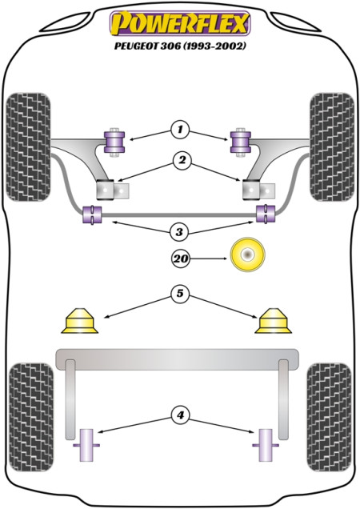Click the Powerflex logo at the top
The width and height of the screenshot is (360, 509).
point(180,23)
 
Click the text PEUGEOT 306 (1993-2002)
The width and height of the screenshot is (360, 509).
point(180,46)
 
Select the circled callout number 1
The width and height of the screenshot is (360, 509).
point(180,130)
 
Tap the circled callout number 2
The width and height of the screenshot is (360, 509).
point(182,160)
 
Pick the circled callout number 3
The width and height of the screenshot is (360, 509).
point(179,232)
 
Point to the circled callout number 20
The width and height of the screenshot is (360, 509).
point(181,259)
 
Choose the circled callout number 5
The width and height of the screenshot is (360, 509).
point(180,294)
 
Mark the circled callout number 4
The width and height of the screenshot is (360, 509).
point(180,415)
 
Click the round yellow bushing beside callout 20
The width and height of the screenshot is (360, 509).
point(248,254)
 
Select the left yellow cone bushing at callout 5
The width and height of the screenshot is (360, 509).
point(79,321)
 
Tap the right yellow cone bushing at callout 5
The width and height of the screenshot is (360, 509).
point(273,321)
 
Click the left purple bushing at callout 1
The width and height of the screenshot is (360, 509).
point(114,142)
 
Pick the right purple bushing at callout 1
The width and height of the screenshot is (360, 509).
point(241,142)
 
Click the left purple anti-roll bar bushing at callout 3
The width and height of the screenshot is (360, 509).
point(93,214)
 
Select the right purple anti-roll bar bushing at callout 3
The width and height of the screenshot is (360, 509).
point(266,213)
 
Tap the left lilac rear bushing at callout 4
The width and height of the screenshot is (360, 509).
point(86,445)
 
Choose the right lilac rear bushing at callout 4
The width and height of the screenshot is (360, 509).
point(266,445)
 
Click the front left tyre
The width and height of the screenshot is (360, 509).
point(29,146)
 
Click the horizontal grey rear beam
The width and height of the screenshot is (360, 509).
point(178,359)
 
